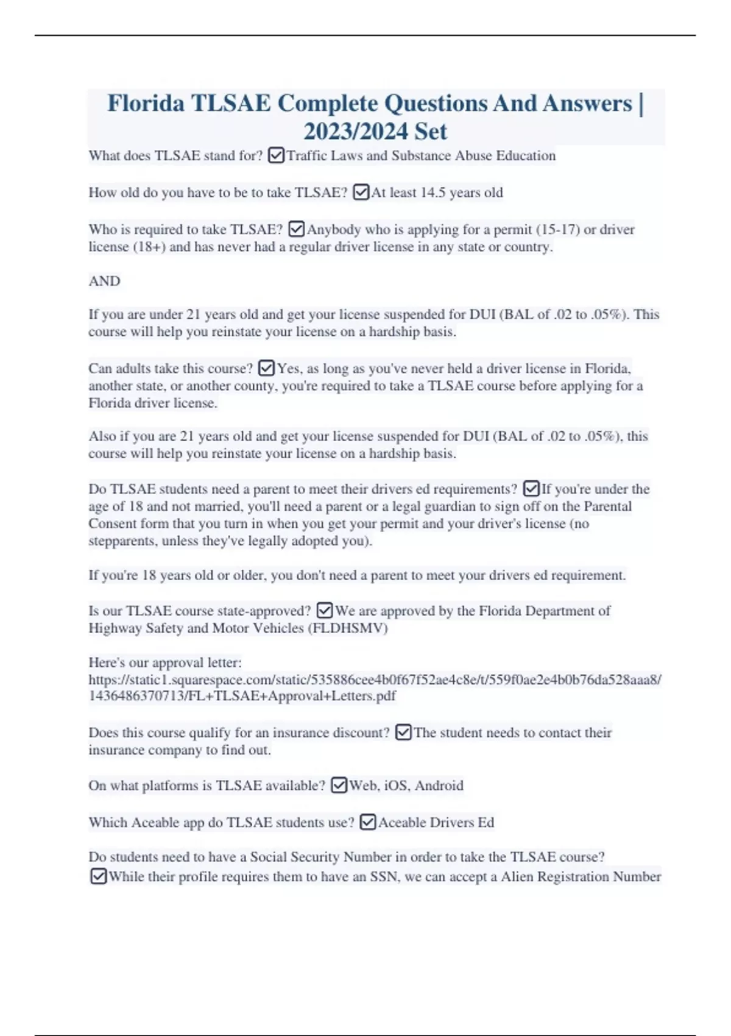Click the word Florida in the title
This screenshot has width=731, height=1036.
pos(146,104)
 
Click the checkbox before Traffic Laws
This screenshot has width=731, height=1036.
pos(276,156)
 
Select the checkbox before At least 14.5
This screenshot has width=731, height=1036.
pos(361,193)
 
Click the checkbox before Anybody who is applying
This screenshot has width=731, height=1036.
pos(296,229)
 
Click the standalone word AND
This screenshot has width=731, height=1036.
pos(104,281)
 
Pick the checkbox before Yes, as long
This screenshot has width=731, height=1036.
pos(266,368)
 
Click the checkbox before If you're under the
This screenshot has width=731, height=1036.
pos(531,489)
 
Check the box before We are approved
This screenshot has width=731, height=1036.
pos(325,611)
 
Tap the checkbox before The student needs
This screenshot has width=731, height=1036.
pos(403,733)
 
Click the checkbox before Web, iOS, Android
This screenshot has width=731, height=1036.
pos(339,786)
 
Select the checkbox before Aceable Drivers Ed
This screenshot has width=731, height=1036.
pos(368,823)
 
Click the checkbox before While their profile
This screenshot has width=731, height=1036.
pos(98,876)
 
